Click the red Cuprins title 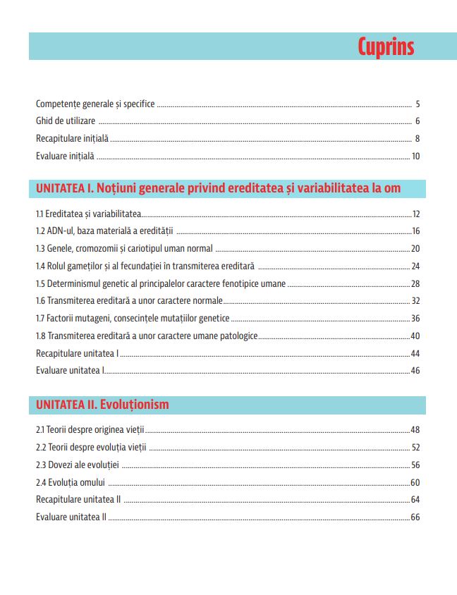click(385, 47)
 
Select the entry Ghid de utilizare click(66, 121)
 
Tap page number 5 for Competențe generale click(418, 104)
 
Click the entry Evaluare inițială click(65, 156)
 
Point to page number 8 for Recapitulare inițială click(418, 139)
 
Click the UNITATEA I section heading click(218, 188)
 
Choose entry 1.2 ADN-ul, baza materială click(104, 231)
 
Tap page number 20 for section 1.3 click(415, 248)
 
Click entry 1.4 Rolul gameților click(145, 266)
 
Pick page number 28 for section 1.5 click(415, 283)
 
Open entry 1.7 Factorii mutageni click(133, 318)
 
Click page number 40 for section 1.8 click(415, 336)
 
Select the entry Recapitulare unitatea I click(77, 353)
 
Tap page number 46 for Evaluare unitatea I click(415, 370)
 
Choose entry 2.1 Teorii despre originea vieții click(90, 430)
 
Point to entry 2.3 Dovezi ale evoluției click(78, 465)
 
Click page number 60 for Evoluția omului click(415, 482)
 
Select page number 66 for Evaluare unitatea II click(415, 517)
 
